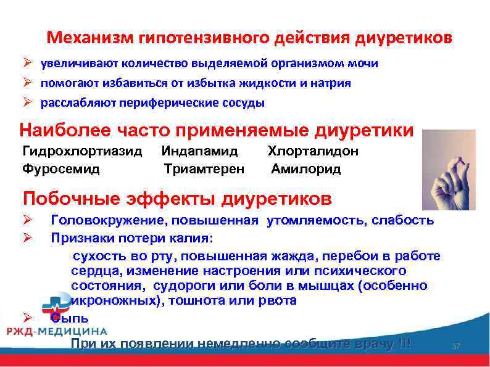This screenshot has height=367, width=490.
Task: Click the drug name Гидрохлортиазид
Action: (x=82, y=151)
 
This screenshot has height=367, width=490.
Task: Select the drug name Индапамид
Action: (x=199, y=151)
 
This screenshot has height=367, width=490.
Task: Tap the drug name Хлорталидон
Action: (x=313, y=151)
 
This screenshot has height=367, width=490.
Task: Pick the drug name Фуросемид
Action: (x=61, y=168)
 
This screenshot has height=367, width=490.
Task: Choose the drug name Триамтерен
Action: (x=204, y=168)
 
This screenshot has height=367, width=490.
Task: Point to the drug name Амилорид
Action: (x=306, y=168)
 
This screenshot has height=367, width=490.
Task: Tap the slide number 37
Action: (x=456, y=347)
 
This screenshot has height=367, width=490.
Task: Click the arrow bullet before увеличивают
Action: (x=28, y=64)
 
